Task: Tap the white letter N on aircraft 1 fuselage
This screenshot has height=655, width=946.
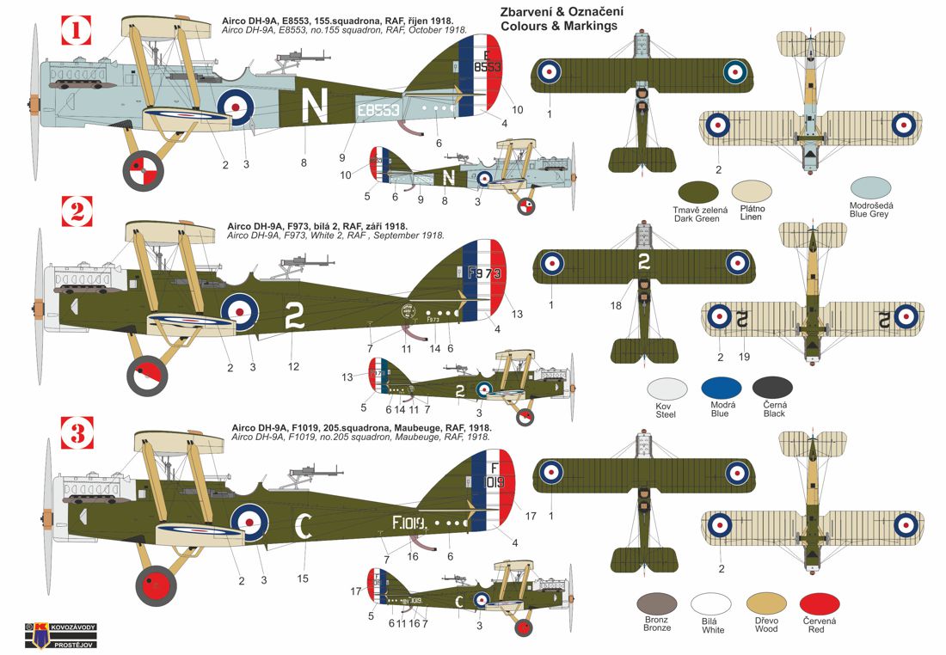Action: point(317,107)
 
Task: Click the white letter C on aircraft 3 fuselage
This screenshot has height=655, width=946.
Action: point(304,523)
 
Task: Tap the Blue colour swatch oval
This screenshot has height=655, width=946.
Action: point(721,389)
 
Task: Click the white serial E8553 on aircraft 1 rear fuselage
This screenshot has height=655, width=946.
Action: point(378,110)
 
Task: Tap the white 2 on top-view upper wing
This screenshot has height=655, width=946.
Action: point(643,264)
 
